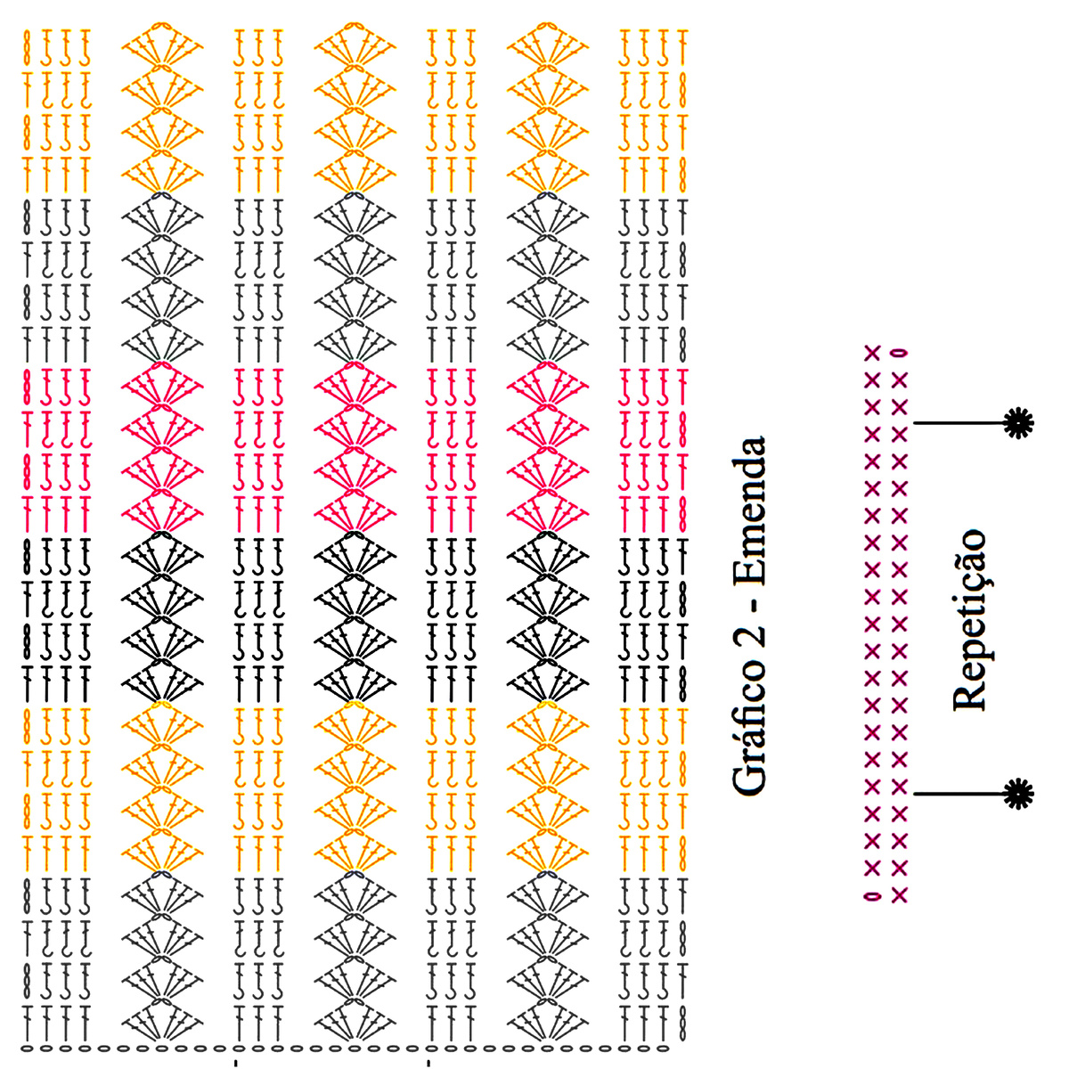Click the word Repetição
[971, 620]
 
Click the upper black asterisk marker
[1016, 422]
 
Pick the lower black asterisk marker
[1016, 793]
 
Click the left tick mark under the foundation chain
[236, 1064]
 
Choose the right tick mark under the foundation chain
[429, 1064]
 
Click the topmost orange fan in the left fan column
[161, 45]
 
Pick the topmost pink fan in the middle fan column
[355, 385]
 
